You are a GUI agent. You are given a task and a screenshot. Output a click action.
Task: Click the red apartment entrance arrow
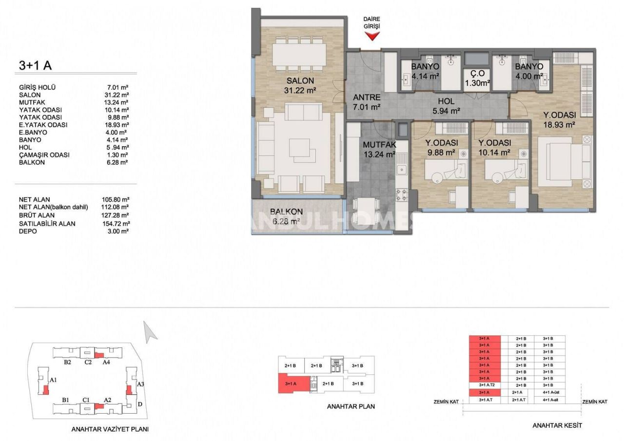pos(372,36)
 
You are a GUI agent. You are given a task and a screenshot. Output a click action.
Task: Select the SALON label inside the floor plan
pos(300,81)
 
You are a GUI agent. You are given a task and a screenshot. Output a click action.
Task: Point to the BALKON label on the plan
pos(287,212)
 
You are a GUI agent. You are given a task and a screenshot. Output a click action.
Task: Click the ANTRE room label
pos(367,97)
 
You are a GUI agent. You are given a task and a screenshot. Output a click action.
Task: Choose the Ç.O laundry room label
pos(476,74)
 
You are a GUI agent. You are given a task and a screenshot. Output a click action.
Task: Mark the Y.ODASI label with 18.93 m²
pos(560,115)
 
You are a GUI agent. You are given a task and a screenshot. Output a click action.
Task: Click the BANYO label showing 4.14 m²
pos(425,67)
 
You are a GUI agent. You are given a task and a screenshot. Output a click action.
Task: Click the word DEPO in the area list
pos(28,231)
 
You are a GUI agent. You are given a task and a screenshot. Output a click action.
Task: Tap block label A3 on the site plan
pos(140,384)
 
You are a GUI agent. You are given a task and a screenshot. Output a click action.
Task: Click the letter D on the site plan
pos(140,404)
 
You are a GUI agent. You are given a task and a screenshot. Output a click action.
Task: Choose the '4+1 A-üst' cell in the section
pos(549,392)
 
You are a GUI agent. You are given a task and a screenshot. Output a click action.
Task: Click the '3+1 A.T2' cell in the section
pos(487,385)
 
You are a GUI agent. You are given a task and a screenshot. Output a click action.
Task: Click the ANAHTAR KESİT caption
pos(557,425)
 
